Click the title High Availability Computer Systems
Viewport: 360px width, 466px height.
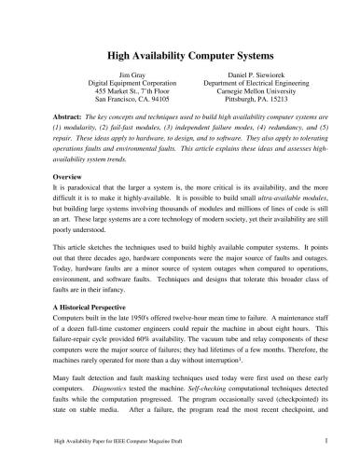180,55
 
